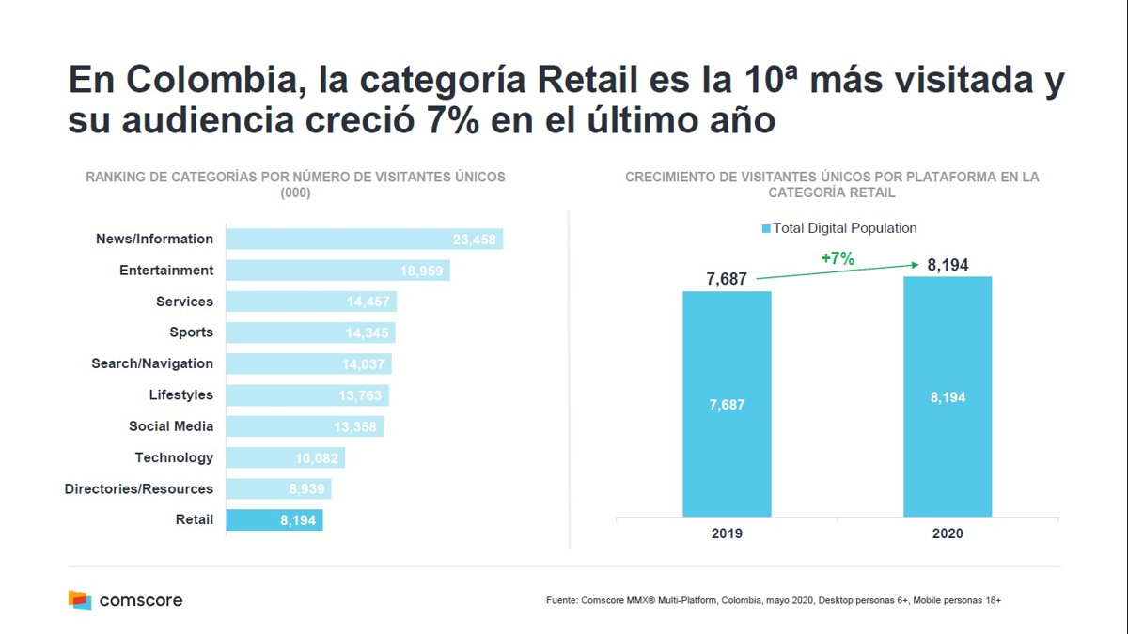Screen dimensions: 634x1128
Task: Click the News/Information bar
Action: [365, 240]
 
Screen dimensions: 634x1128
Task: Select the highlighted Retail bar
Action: [274, 520]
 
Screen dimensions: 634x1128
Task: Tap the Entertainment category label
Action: [166, 271]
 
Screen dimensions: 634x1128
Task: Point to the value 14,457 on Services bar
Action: [368, 302]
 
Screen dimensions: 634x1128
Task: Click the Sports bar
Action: [310, 332]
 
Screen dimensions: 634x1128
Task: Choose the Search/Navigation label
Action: [152, 363]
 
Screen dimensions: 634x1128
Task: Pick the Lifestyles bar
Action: [307, 395]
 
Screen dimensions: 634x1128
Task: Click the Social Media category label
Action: [171, 426]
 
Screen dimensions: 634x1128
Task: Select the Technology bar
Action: [286, 457]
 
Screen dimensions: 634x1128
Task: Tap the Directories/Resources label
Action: [139, 488]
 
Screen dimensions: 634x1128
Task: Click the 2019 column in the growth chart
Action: [727, 404]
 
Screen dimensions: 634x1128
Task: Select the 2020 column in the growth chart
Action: [948, 396]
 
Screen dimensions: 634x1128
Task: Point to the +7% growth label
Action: [838, 259]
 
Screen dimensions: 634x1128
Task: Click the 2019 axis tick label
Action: [727, 533]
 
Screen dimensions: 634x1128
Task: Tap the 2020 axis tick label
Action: [948, 533]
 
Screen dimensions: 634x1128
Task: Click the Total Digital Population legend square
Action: [766, 228]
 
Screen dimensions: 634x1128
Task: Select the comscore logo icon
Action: [80, 600]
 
